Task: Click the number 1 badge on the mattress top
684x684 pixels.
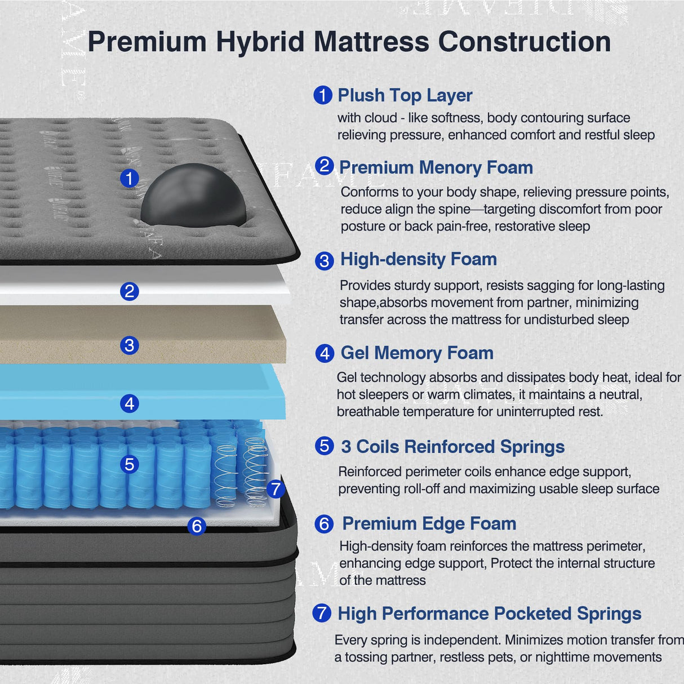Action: click(x=130, y=179)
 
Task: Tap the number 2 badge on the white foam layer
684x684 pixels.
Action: click(x=130, y=291)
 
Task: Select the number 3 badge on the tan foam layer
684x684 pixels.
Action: click(x=130, y=345)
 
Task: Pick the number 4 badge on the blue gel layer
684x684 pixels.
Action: click(x=130, y=403)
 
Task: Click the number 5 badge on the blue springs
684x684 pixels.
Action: click(x=130, y=464)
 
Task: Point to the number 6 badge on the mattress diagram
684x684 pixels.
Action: click(x=197, y=526)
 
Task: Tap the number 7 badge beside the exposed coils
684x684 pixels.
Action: click(x=275, y=488)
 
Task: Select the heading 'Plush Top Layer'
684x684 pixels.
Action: click(x=405, y=96)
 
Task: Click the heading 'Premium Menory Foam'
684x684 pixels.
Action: click(x=436, y=167)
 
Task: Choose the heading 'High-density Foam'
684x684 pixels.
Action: click(x=419, y=259)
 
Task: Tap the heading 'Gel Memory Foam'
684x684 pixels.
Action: click(x=417, y=353)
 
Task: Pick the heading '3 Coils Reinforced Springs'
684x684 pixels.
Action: click(x=452, y=447)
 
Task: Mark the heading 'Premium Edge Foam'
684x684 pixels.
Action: click(x=429, y=523)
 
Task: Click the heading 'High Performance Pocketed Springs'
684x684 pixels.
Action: click(x=489, y=614)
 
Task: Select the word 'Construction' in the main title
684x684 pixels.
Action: click(x=524, y=42)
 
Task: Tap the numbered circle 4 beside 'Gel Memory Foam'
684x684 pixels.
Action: click(x=325, y=354)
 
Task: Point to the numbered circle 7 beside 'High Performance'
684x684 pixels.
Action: click(x=322, y=613)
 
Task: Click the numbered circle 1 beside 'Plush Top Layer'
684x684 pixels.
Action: click(x=323, y=95)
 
